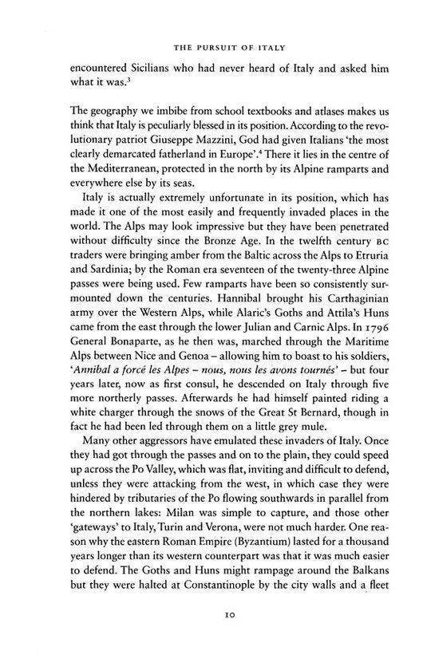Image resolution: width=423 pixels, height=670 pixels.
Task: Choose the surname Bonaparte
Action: tap(134, 393)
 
